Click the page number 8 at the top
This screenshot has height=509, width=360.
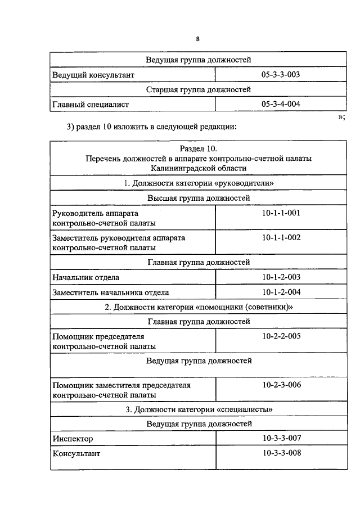click(x=198, y=39)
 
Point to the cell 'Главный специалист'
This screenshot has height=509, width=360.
click(x=91, y=104)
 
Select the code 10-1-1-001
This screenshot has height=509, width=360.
click(x=281, y=213)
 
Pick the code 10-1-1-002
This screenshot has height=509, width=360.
click(x=281, y=238)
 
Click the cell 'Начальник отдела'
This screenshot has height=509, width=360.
click(x=85, y=277)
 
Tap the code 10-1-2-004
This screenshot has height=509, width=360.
click(x=281, y=292)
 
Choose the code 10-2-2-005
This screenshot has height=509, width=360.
click(x=281, y=336)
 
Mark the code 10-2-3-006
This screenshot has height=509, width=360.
click(x=281, y=385)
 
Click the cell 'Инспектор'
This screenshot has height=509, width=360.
click(x=73, y=438)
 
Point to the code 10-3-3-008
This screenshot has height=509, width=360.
click(x=281, y=453)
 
